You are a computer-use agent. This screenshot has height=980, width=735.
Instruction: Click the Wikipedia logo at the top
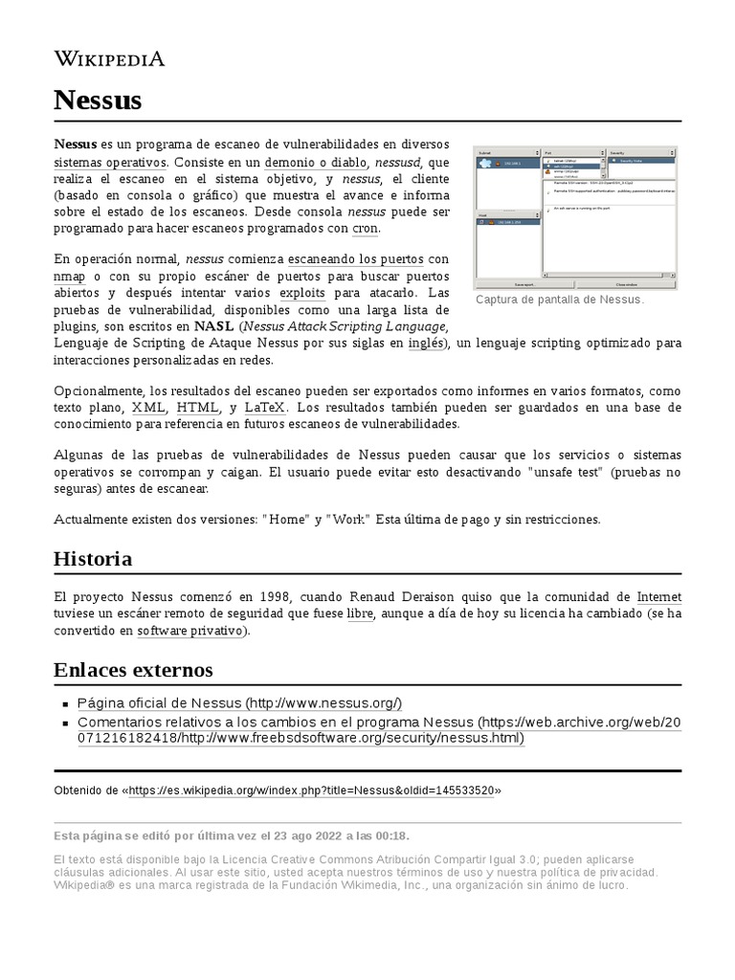tap(109, 58)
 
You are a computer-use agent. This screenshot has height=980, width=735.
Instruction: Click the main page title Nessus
tap(98, 100)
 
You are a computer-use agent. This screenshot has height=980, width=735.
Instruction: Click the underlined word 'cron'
tap(366, 228)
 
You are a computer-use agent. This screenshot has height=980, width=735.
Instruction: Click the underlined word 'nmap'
tap(70, 276)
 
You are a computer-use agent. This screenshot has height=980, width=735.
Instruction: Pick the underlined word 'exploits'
tap(302, 293)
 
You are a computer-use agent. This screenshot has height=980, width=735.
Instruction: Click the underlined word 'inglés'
tap(426, 343)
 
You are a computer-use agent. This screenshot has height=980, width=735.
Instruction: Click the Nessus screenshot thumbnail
tap(575, 216)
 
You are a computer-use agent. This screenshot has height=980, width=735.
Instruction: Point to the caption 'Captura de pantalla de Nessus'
tap(560, 300)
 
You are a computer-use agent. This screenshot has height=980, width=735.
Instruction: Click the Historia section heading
tap(93, 558)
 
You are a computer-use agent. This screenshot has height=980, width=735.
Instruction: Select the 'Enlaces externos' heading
tap(133, 669)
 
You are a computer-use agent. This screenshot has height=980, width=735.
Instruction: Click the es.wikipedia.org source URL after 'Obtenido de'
tap(311, 791)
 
